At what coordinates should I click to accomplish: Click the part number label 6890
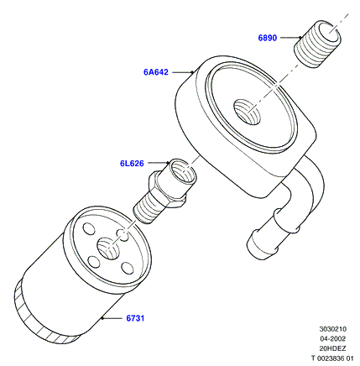coord(268,38)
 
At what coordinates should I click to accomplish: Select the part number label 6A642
coord(156,72)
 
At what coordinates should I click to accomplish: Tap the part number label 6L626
coord(132,163)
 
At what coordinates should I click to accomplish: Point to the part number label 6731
coord(135,318)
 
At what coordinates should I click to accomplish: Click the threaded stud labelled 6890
coord(317,44)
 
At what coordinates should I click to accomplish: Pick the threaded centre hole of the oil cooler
coord(247,112)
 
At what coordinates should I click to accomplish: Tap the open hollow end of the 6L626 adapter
coord(183,171)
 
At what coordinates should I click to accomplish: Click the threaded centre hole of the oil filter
coord(108,248)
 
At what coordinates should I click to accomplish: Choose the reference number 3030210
coord(333,329)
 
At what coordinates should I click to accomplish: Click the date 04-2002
coord(333,338)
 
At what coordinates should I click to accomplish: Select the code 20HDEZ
coord(333,348)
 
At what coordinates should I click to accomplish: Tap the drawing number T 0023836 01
coord(332,358)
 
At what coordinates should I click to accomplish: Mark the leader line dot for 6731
coord(103,318)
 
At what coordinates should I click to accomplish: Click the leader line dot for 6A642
coord(192,72)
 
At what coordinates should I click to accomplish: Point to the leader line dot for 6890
coord(300,37)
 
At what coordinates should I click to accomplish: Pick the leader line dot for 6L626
coord(168,163)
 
